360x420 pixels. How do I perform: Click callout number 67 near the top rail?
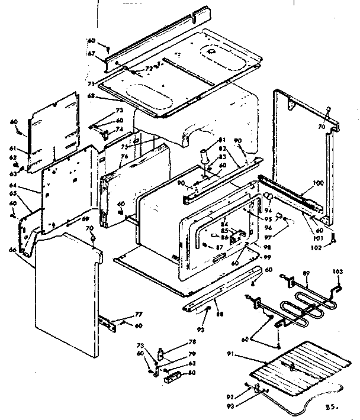click(91, 53)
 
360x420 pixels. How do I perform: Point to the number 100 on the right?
click(318, 183)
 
